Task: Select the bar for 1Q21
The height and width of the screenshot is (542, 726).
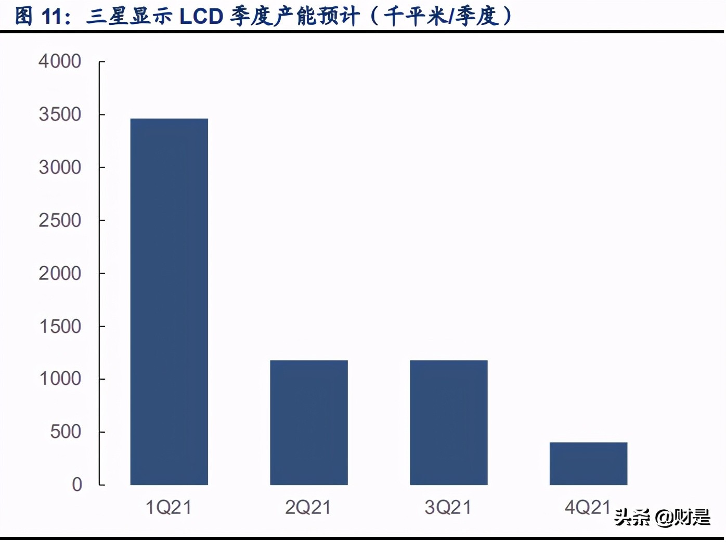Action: point(169,302)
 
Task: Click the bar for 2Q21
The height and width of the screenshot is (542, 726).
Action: point(309,422)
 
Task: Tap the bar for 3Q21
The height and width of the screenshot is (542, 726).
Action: point(448,422)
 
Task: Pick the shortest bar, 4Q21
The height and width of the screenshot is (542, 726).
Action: point(588,463)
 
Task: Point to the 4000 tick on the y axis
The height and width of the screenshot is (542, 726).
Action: point(60,61)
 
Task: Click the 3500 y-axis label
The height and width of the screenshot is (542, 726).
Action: point(60,114)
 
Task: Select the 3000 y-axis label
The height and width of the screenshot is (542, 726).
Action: point(60,167)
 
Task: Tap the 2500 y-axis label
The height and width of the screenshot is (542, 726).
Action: point(60,221)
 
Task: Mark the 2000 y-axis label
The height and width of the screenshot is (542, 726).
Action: point(60,274)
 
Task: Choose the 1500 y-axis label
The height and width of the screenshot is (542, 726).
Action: point(60,327)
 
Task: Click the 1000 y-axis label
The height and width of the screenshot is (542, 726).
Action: point(60,379)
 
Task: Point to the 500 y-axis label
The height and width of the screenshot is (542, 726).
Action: point(66,432)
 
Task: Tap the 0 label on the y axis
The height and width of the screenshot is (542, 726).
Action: point(77,485)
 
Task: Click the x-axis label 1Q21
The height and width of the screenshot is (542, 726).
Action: point(168,507)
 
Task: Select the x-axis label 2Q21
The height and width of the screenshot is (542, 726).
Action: point(308,507)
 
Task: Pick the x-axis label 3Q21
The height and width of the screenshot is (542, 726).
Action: point(448,507)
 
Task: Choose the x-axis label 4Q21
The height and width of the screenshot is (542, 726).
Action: point(588,507)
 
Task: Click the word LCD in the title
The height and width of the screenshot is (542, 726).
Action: point(201,17)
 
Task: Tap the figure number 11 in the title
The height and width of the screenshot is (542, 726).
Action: point(52,17)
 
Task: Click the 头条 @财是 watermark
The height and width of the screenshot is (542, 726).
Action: point(662,517)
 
